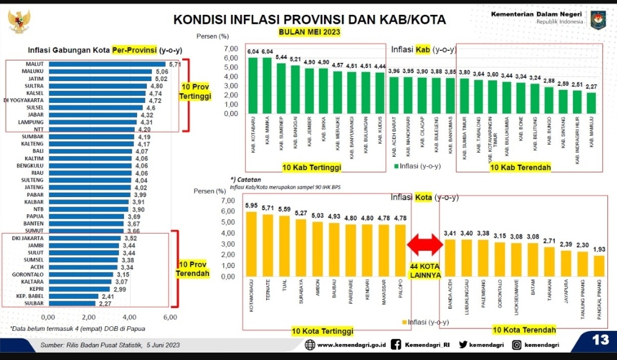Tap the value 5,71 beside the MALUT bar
[174, 65]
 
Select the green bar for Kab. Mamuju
[591, 103]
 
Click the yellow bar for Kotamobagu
[251, 244]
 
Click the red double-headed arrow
[425, 245]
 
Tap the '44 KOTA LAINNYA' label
[425, 271]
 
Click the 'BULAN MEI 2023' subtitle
[309, 32]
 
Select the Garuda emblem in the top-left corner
[19, 22]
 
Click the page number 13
[600, 341]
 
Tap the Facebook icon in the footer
[396, 345]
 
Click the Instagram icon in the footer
[516, 345]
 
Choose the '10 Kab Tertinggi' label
[311, 167]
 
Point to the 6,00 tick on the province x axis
[170, 317]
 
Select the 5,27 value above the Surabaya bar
[301, 214]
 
